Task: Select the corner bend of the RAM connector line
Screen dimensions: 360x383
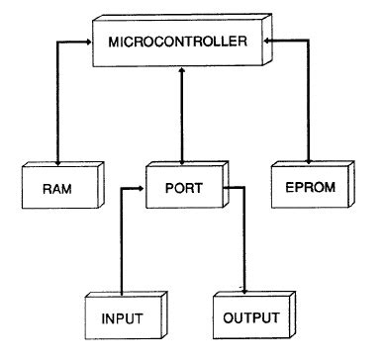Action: [57, 43]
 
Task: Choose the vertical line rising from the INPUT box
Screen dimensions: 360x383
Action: [121, 242]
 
